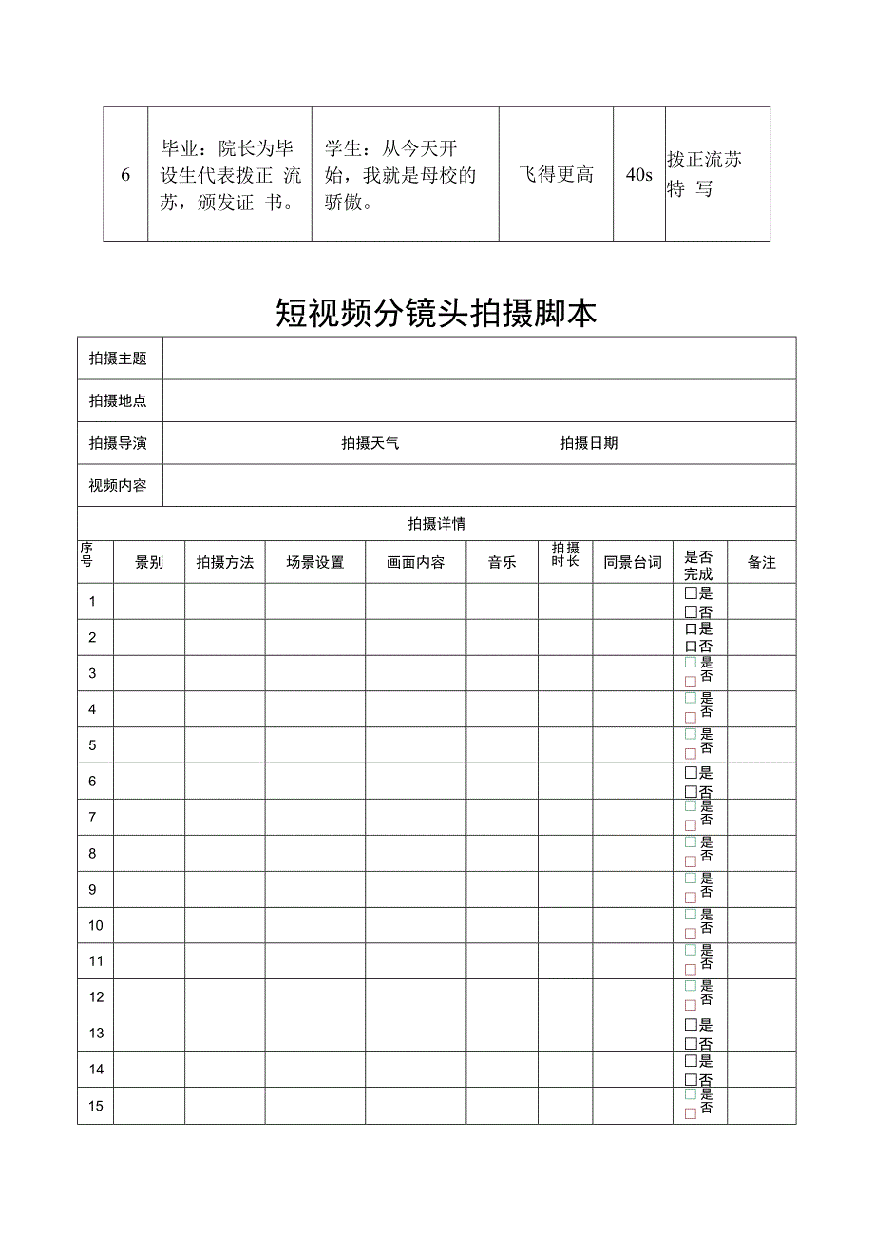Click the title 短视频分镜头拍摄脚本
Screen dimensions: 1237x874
point(436,313)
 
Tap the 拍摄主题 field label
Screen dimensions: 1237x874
point(118,358)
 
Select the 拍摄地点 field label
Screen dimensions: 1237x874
point(118,401)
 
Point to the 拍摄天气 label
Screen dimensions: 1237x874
point(370,443)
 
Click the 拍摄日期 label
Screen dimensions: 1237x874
point(588,443)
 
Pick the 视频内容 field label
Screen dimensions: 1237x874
point(118,486)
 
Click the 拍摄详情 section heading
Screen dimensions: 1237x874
point(436,524)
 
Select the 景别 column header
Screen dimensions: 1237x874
point(149,562)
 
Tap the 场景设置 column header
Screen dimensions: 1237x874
point(315,562)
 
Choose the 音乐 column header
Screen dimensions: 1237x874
point(502,562)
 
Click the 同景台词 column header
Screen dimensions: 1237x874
point(633,562)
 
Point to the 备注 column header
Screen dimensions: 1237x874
point(762,562)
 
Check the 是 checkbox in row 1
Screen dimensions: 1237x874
point(691,592)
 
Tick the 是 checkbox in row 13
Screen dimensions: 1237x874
point(691,1025)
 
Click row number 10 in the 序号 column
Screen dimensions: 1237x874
point(96,925)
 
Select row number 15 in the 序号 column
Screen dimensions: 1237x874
point(96,1106)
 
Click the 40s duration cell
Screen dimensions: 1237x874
point(639,174)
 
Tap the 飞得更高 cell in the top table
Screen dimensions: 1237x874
point(556,174)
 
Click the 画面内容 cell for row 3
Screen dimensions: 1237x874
point(415,673)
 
